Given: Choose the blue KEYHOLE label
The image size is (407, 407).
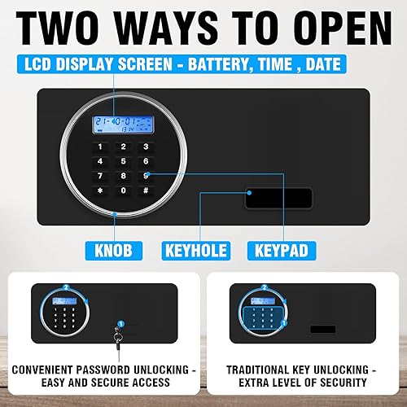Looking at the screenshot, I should tap(195, 248).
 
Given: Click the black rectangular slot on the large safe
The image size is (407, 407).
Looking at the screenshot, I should tap(278, 198).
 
